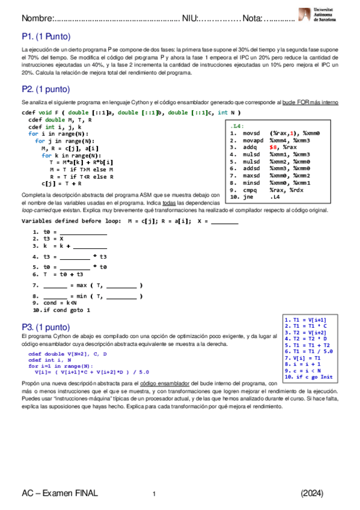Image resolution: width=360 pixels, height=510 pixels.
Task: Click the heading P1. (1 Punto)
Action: [46, 37]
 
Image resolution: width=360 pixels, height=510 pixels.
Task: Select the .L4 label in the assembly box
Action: [237, 126]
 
